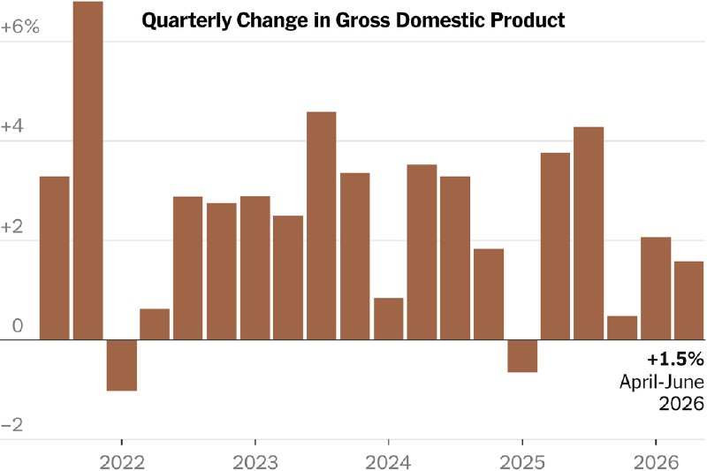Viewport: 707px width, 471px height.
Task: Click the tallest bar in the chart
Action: (87, 171)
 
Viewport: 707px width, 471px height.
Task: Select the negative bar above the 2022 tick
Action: (122, 365)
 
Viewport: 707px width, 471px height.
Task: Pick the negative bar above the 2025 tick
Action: (522, 355)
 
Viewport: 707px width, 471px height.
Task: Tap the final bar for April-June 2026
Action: (689, 300)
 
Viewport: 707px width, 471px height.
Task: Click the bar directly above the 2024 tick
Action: (389, 319)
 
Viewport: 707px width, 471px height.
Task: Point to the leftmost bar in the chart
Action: (55, 258)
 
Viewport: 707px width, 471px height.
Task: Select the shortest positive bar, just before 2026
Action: (622, 328)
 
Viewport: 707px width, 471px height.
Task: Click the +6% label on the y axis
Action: (20, 27)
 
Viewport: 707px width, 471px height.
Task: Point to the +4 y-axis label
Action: (12, 126)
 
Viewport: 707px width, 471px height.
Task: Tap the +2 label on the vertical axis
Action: (12, 227)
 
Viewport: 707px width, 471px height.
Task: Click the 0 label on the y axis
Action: (18, 326)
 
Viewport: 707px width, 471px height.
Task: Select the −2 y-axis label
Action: (12, 424)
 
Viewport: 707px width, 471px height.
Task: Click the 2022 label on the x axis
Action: (122, 462)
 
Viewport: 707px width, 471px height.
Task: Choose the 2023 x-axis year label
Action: (255, 462)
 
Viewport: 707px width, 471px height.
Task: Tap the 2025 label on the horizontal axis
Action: (522, 462)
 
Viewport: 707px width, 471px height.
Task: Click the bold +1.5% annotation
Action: (675, 360)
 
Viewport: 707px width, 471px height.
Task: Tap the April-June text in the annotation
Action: (661, 382)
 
